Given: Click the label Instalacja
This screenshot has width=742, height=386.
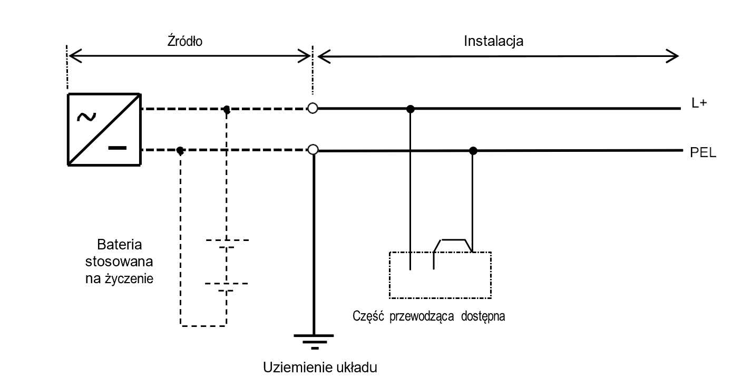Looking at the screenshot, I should (x=493, y=41).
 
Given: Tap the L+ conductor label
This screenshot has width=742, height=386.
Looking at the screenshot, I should (x=699, y=104).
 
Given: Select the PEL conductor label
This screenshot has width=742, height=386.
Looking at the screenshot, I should (x=703, y=154).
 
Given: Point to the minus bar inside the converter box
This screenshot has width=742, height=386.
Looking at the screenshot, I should (x=118, y=147).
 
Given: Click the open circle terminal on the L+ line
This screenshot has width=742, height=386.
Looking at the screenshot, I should (x=313, y=109).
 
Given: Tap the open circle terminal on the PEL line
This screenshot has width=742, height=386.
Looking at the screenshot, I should (x=313, y=150).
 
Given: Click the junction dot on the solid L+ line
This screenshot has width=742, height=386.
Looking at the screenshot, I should (x=411, y=109).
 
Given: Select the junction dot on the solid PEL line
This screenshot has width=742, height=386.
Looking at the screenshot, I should (x=473, y=151).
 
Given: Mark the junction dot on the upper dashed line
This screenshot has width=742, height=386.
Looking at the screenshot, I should (x=227, y=109).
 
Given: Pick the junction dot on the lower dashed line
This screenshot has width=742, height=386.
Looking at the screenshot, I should (x=180, y=150).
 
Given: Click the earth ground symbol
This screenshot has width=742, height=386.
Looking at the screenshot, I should (x=314, y=341).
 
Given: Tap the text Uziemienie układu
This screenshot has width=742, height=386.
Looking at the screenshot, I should (x=321, y=367).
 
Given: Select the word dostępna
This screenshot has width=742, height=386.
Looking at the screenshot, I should (x=483, y=317).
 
